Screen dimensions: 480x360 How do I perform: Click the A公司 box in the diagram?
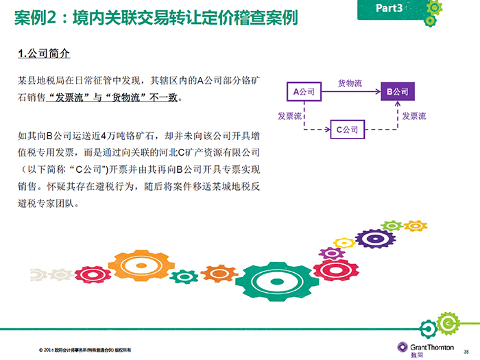pos(304,91)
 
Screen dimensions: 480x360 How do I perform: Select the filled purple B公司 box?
pos(398,91)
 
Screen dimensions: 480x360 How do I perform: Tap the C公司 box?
pos(348,130)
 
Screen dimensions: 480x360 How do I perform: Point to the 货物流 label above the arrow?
pos(350,83)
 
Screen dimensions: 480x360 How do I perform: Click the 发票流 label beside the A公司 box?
pos(289,116)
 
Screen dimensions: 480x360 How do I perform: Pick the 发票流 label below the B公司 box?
pos(414,116)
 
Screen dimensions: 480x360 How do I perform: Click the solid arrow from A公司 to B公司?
pos(351,91)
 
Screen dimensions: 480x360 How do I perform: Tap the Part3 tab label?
pos(389,8)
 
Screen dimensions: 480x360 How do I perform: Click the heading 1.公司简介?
pos(44,53)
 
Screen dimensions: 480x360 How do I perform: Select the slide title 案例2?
pos(36,17)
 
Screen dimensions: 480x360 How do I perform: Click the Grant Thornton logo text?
pos(432,347)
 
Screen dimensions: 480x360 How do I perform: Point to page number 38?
pos(466,352)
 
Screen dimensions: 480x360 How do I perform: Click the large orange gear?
pos(141,265)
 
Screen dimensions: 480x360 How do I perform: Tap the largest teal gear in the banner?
pos(277,281)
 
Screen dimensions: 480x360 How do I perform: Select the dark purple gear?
pos(376,239)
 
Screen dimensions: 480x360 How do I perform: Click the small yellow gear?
pos(344,243)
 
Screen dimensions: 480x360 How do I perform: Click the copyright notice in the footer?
pos(85,350)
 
